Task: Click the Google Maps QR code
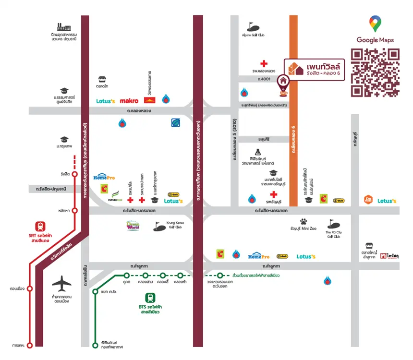[375, 73]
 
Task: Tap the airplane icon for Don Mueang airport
[61, 283]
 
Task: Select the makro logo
[129, 101]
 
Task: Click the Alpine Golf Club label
[253, 35]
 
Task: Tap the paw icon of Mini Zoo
[304, 222]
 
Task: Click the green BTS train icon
[150, 297]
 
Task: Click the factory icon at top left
[63, 27]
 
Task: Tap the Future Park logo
[114, 196]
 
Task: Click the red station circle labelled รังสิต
[74, 174]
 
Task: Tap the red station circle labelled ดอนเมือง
[30, 289]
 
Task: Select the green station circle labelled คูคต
[126, 276]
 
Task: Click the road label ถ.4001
[264, 78]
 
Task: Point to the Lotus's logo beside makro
[106, 101]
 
